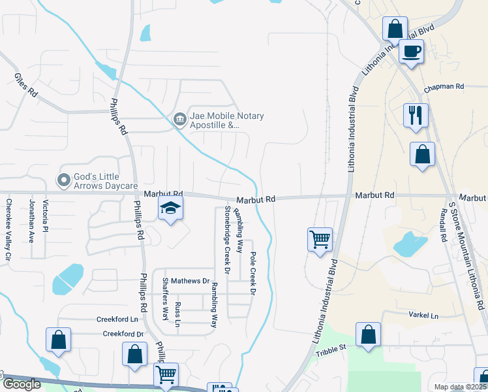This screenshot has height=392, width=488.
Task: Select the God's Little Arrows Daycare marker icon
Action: (x=64, y=179)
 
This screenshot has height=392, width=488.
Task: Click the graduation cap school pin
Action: (x=170, y=208)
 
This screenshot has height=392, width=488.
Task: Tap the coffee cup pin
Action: (x=411, y=51)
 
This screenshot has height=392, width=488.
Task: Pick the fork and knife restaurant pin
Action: (x=416, y=115)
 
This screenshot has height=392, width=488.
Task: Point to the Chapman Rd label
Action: (x=443, y=86)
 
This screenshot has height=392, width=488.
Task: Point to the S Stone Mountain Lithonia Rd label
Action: (x=467, y=255)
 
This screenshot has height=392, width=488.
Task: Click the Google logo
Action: (x=21, y=384)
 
